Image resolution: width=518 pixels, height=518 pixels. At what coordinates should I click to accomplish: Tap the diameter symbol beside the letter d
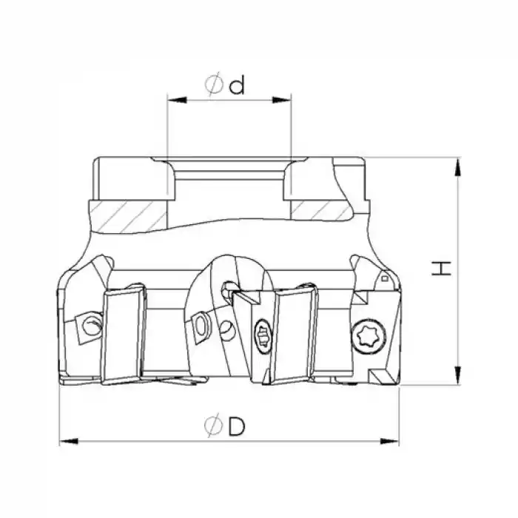214,86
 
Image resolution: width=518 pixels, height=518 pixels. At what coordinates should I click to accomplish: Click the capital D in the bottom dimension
236,428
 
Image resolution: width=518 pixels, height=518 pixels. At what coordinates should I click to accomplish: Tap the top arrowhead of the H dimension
460,166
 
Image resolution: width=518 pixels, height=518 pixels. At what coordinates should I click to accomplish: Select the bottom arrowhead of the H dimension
460,377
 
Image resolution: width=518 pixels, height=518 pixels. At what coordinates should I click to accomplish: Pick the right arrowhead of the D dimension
392,442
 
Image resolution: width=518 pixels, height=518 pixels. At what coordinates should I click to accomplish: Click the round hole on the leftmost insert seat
90,323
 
